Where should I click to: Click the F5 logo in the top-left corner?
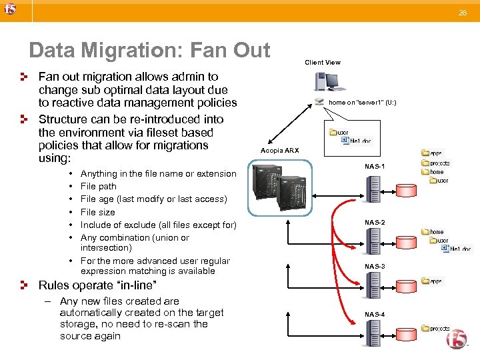click(9, 10)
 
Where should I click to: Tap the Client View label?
click(323, 63)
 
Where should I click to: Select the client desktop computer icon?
click(329, 82)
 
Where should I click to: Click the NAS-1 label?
click(375, 166)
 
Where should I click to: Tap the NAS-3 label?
click(375, 266)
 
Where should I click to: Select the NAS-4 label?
click(375, 313)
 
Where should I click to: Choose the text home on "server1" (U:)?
click(363, 103)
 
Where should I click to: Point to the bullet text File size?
click(97, 212)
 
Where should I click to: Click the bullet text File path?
click(98, 187)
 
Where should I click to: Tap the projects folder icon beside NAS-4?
click(425, 329)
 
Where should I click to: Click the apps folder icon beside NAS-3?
click(425, 281)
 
